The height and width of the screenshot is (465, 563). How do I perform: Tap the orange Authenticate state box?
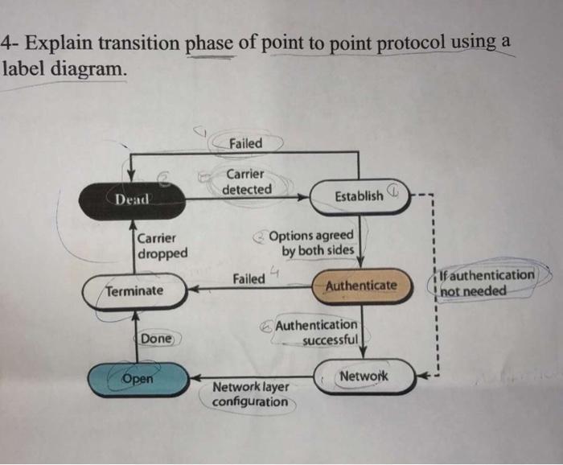click(x=361, y=286)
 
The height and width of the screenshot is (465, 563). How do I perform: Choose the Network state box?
click(x=364, y=377)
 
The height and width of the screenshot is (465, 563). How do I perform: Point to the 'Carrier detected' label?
click(x=248, y=182)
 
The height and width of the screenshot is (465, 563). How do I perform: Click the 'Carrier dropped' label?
click(x=162, y=245)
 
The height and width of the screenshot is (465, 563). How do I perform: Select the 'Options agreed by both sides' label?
click(x=311, y=243)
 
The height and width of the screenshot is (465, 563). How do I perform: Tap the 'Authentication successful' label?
click(x=317, y=332)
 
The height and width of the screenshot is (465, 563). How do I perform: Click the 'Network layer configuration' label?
click(x=250, y=394)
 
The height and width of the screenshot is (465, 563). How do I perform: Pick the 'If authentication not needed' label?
click(x=483, y=282)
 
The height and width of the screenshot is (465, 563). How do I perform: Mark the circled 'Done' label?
click(x=156, y=339)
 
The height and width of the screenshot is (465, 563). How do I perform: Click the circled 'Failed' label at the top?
click(x=245, y=143)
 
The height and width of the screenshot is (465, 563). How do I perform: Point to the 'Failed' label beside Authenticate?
click(x=249, y=278)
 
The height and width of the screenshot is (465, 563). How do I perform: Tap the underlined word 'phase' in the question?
click(x=212, y=43)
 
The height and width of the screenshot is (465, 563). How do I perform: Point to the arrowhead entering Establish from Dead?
click(x=304, y=195)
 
